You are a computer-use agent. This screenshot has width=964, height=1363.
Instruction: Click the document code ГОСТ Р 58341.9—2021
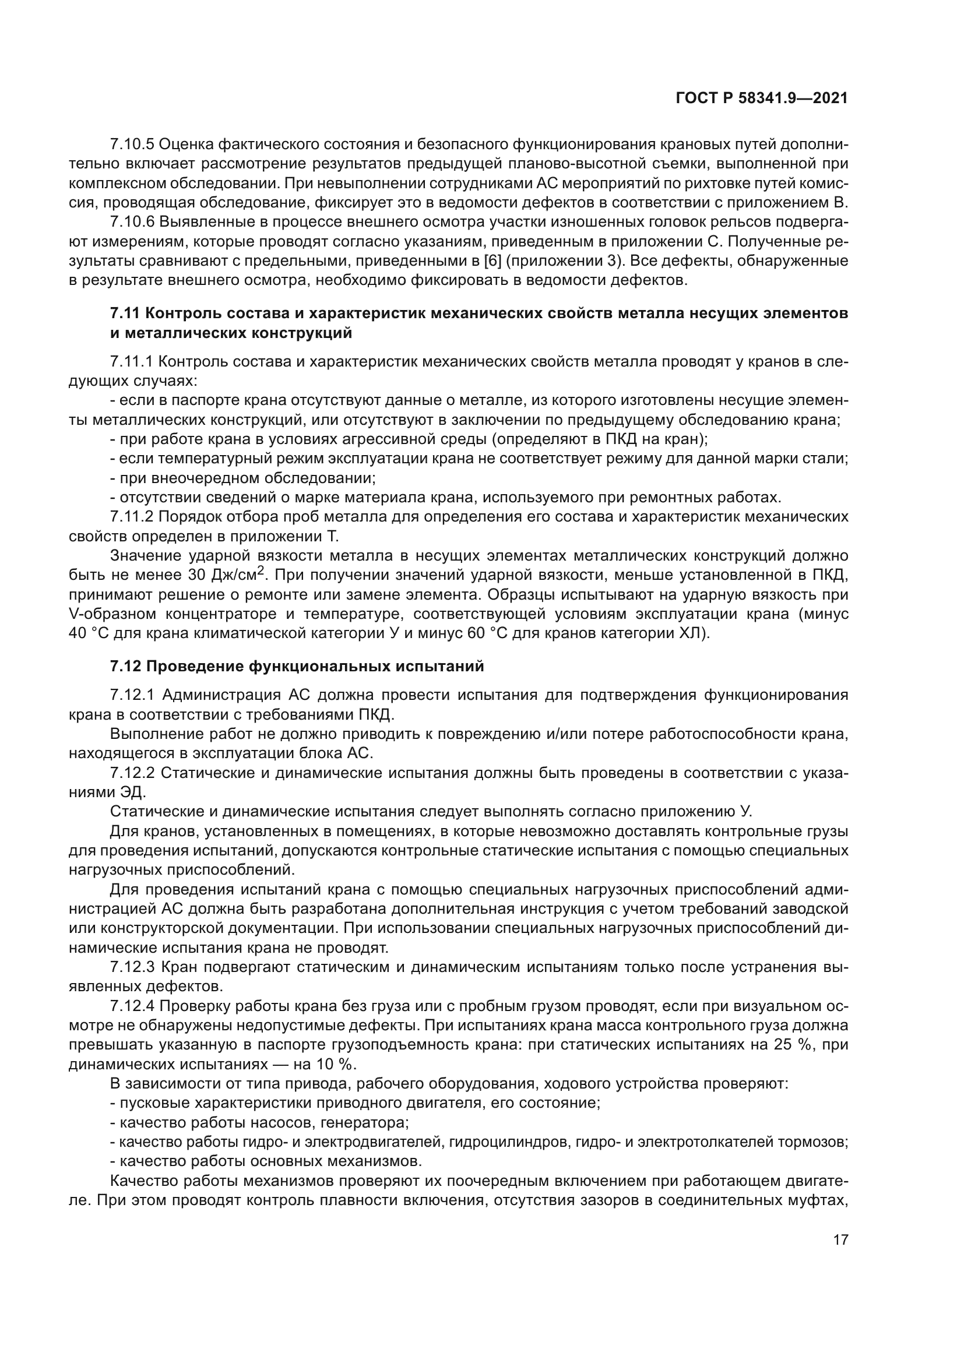coord(762,98)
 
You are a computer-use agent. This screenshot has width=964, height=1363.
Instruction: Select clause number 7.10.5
coord(132,145)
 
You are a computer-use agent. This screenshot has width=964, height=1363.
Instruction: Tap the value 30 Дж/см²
coord(233,575)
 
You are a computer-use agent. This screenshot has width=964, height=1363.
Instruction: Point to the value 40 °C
coord(89,633)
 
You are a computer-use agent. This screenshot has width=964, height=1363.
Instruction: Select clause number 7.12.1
coord(132,695)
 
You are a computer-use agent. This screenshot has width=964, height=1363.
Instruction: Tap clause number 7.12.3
coord(132,967)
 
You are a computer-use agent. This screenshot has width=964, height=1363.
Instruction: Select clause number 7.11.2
coord(132,516)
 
